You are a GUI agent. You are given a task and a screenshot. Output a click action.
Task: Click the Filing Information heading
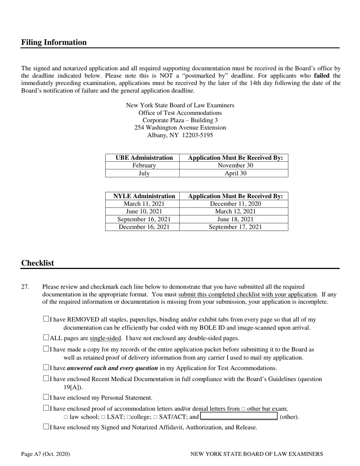pos(54,42)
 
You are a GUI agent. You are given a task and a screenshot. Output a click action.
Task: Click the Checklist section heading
pos(38,263)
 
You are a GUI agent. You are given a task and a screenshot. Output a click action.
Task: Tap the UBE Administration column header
pos(144,158)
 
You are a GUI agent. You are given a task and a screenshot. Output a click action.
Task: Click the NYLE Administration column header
pos(144,196)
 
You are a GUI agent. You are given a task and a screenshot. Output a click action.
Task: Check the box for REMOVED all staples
pos(46,319)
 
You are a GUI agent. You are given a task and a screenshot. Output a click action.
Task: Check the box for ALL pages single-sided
pos(46,338)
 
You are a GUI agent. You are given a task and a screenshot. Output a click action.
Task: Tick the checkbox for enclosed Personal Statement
pos(46,397)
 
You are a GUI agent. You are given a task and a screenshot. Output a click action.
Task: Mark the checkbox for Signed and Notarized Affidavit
pos(46,427)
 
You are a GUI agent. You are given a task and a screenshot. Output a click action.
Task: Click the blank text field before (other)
pos(239,417)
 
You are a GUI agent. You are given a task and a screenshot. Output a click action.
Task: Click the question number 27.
pos(25,287)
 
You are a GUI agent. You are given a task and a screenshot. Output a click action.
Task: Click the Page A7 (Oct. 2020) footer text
pos(45,454)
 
